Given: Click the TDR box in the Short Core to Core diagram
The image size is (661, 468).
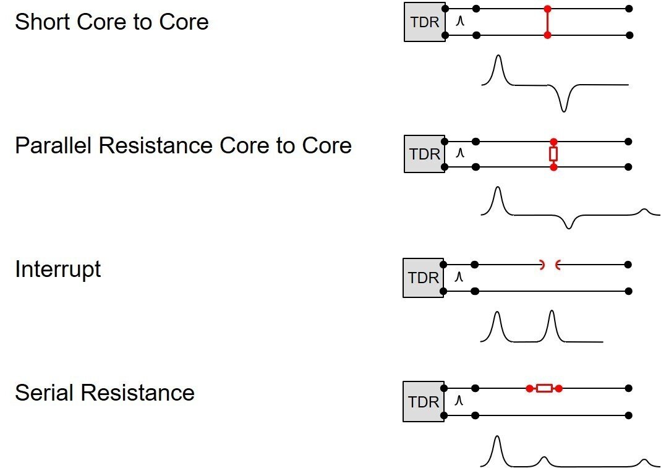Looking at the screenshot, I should click(x=424, y=22).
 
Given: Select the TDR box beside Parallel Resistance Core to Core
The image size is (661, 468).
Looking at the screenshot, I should click(x=424, y=153).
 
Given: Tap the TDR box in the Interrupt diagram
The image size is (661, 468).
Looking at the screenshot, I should click(x=423, y=278).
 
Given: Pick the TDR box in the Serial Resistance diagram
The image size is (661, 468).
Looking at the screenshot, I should click(x=423, y=401).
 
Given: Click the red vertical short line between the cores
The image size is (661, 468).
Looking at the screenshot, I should click(x=547, y=22).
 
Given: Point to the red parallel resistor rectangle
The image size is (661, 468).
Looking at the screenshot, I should click(x=553, y=154).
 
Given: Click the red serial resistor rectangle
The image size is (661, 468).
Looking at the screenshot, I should click(x=544, y=388).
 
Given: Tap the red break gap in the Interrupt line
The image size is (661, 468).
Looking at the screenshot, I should click(x=550, y=265).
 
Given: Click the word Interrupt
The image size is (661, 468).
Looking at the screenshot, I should click(x=58, y=270).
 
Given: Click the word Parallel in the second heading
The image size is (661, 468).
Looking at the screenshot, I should click(x=53, y=146).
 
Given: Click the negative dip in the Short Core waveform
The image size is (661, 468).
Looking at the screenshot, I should click(x=563, y=108).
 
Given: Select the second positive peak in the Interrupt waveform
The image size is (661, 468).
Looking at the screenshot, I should click(x=552, y=315).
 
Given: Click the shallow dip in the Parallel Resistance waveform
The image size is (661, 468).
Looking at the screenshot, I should click(x=569, y=226).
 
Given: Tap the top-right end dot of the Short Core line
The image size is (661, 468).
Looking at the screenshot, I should click(x=629, y=9).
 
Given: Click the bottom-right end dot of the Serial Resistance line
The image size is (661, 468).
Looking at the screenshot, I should click(x=628, y=415).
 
